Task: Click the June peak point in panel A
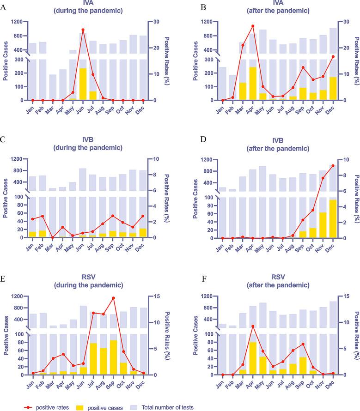click(83, 30)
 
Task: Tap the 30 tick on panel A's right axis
click(157, 22)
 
